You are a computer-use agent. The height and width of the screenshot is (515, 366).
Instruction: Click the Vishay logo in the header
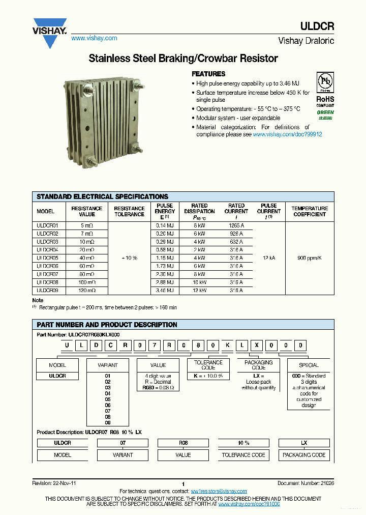pos(49,32)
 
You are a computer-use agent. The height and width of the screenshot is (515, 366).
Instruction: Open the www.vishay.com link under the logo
pos(94,38)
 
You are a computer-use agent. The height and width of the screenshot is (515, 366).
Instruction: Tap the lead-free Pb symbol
pos(325,82)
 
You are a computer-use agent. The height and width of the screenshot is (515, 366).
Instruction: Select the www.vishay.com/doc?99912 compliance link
pos(287,134)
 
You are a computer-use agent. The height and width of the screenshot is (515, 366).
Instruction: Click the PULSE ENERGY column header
pos(165,211)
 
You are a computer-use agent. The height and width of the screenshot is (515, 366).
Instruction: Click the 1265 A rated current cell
pos(236,225)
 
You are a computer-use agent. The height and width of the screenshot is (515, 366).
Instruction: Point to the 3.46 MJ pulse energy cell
pos(165,291)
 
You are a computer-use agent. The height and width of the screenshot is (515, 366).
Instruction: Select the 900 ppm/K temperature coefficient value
pos(309,258)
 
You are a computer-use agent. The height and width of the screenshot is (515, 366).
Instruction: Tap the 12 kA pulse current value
pos(268,258)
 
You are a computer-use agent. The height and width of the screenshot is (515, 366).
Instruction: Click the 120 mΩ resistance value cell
pos(87,291)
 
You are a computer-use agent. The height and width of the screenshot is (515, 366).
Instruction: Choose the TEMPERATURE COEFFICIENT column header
pos(309,211)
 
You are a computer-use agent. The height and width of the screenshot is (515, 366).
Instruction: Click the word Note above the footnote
pos(38,301)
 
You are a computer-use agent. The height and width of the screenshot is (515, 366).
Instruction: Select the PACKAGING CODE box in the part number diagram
pos(259,365)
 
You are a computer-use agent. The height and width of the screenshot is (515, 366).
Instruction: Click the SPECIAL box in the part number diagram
pos(309,365)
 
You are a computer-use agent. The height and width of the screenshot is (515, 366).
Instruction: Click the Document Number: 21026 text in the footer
pos(306,483)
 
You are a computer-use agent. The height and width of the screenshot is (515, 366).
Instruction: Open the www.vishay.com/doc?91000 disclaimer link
pos(249,504)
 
